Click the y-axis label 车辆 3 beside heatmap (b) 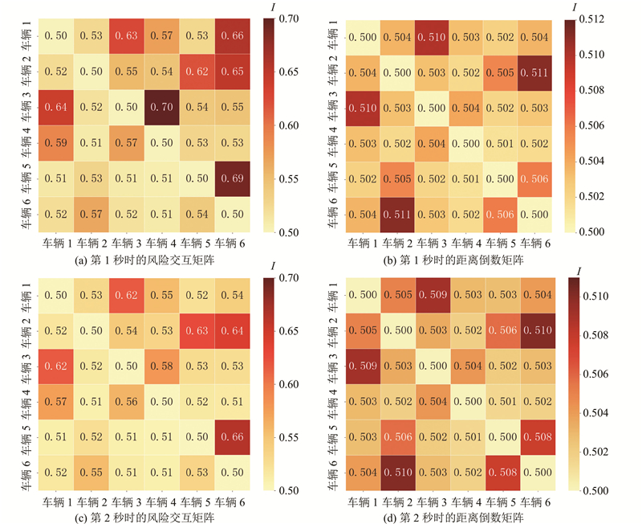pyautogui.click(x=328, y=108)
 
